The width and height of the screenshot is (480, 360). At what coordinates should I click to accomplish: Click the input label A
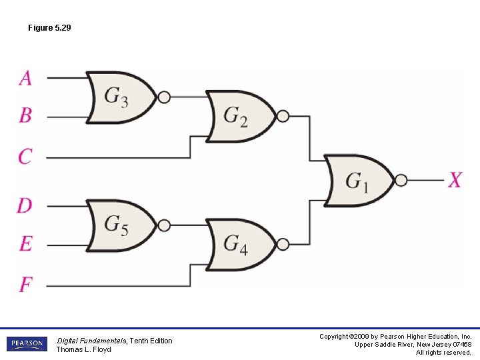tap(25, 78)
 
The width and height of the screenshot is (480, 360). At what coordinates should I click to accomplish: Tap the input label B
tap(25, 115)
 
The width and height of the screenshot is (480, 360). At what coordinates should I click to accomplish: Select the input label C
tap(25, 157)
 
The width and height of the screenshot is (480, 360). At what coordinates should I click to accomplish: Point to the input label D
tap(25, 205)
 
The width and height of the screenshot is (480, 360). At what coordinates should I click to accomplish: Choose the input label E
tap(25, 243)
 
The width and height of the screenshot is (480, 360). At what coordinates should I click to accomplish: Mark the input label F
tap(25, 285)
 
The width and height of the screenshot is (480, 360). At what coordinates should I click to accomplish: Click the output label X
tap(455, 180)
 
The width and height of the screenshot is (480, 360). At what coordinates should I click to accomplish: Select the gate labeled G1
tap(358, 181)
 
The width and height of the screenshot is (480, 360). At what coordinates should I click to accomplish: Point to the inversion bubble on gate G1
tap(401, 180)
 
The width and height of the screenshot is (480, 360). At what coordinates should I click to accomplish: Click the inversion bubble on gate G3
tap(164, 97)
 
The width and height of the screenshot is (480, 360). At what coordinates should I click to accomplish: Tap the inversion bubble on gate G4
tap(283, 244)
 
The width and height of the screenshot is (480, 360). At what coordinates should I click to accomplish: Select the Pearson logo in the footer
tap(27, 344)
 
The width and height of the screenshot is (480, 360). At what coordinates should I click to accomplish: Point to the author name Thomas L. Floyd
tap(83, 349)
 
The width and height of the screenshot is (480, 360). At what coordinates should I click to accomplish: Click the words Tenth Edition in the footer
tap(151, 341)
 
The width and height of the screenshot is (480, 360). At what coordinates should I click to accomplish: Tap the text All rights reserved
tap(443, 353)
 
